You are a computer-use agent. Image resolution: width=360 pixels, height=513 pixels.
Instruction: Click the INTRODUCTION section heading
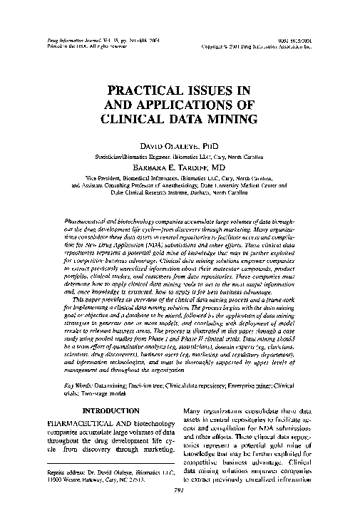pos(111,411)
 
